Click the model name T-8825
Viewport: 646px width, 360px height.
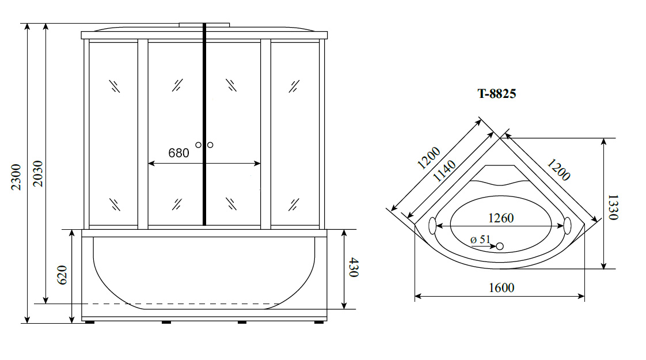pos(496,94)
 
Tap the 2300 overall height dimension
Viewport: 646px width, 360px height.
pos(16,177)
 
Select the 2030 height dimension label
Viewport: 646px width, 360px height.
pos(37,173)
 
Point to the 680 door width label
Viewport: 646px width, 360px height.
pos(178,153)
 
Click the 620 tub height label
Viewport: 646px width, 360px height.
pos(62,275)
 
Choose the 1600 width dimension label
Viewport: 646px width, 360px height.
pos(501,287)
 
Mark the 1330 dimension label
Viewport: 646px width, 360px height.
pos(613,207)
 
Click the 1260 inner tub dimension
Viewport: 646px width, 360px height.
pos(501,218)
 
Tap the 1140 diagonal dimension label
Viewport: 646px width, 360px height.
pos(444,171)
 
